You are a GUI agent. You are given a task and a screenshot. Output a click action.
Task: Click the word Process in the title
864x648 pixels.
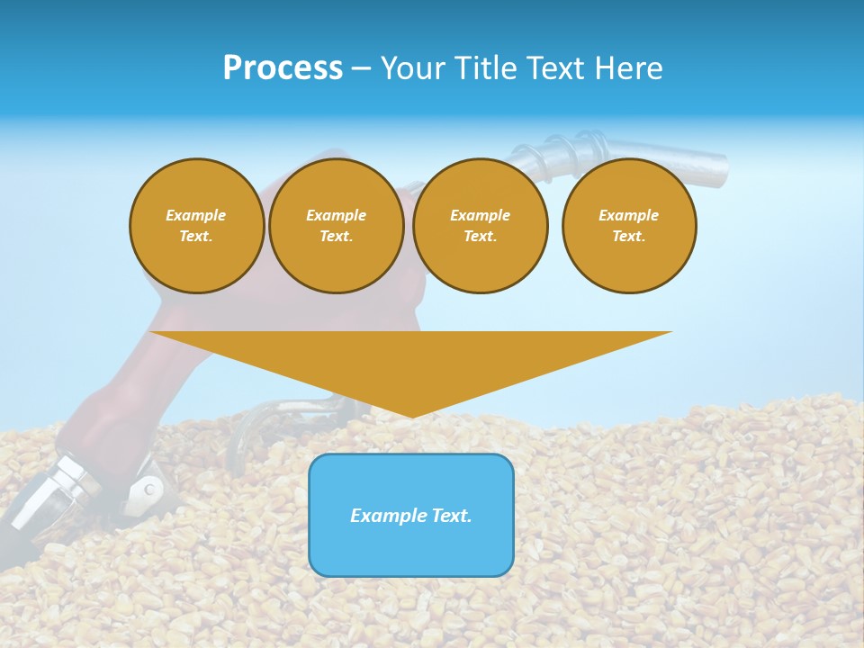coord(283,67)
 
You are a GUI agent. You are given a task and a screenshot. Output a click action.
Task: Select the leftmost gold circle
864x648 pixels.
coord(197,226)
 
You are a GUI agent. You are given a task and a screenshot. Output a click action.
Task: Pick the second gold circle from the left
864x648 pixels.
coord(337,226)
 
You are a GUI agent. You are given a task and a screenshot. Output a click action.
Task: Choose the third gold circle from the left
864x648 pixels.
coord(481,226)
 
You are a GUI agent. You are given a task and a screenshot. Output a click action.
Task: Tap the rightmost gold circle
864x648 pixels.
coord(629,226)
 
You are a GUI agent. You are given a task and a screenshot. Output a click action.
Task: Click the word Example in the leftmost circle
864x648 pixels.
coord(196,215)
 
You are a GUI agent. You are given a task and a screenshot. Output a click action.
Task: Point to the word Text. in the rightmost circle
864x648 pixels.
coord(629,237)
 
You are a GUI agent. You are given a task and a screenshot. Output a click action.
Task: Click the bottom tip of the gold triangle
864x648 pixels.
coord(412,415)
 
